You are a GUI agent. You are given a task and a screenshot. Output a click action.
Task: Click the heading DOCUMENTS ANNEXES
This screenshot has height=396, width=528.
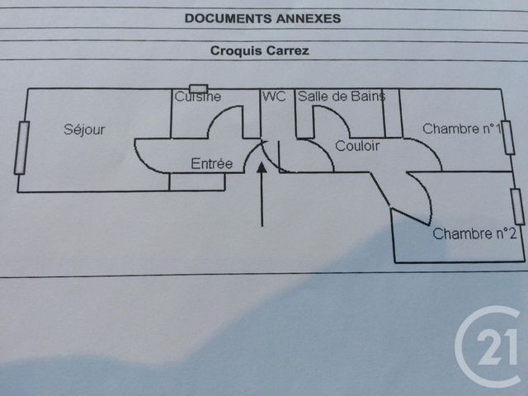pos(262,18)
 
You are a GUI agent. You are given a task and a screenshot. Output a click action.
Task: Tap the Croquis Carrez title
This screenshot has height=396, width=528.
pos(260,50)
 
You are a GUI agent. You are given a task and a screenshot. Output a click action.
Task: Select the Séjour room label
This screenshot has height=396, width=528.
pos(84,130)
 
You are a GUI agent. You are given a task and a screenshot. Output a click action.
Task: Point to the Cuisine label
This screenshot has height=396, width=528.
pos(198,97)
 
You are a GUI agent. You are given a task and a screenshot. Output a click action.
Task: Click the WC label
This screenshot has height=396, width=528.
pos(275,97)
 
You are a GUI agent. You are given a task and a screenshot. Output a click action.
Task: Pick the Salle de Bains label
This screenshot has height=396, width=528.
pos(342,97)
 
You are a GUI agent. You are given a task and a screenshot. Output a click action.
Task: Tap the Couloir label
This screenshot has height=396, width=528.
pos(357,146)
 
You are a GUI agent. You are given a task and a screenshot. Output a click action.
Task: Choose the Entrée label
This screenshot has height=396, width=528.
pos(212,163)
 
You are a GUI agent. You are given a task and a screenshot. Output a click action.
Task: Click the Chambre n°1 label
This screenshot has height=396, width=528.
pos(462,129)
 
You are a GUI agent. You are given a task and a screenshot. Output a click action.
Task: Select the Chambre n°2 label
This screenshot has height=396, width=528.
pos(474,233)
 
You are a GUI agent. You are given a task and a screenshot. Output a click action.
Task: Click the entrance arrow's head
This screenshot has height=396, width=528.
pos(262,167)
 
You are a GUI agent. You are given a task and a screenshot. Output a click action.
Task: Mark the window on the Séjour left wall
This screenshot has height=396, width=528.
pos(21,148)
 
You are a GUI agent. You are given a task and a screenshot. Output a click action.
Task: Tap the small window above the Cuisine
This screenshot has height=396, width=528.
pos(198,89)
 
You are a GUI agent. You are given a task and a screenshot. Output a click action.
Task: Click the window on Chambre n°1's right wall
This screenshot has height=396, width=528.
pos(508,138)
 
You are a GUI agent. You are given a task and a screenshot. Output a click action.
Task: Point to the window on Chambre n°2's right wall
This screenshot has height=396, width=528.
pos(518,207)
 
